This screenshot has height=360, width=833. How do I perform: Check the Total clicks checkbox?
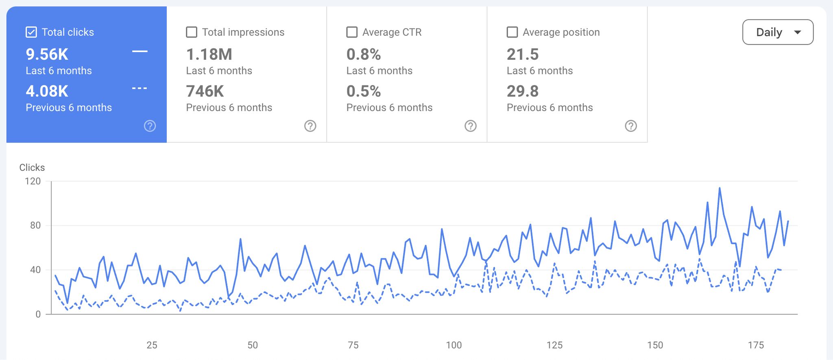[x=31, y=32]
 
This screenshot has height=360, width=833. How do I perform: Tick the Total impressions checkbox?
[x=192, y=32]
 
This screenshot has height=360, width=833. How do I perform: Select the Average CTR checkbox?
[x=352, y=32]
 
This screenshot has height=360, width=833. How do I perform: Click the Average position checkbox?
[x=512, y=32]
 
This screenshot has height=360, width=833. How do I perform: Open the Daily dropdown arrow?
[x=797, y=32]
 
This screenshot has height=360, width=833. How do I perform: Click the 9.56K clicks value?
[x=47, y=55]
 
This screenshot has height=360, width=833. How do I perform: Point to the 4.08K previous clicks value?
[x=47, y=92]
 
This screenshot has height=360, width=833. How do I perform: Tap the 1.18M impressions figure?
[x=209, y=55]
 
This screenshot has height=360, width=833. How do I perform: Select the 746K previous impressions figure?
[x=205, y=92]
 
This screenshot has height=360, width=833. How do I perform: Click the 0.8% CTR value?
[x=364, y=55]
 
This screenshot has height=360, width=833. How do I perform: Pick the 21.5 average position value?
[x=523, y=55]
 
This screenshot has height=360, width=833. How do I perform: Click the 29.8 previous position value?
[x=523, y=92]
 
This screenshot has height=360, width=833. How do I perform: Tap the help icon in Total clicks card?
[x=150, y=126]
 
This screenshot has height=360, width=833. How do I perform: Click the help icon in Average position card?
[x=631, y=126]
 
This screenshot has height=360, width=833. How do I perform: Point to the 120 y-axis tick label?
[x=33, y=181]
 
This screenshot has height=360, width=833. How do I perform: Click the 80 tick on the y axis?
[x=35, y=225]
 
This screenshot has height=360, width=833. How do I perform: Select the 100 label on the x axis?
[x=454, y=345]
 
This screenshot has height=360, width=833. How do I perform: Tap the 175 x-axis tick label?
[x=756, y=345]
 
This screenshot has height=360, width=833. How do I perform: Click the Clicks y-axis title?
[x=32, y=168]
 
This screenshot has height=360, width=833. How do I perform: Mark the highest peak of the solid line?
[x=720, y=188]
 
